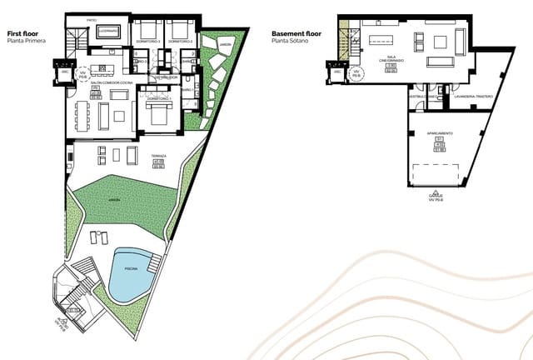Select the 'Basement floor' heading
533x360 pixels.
tap(296, 33)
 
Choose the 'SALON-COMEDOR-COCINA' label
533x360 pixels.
tap(102, 83)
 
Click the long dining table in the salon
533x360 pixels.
tap(83, 112)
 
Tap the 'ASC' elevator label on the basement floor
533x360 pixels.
tap(337, 72)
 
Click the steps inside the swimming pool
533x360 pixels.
tap(152, 262)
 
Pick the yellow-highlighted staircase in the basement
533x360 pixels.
tap(343, 37)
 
